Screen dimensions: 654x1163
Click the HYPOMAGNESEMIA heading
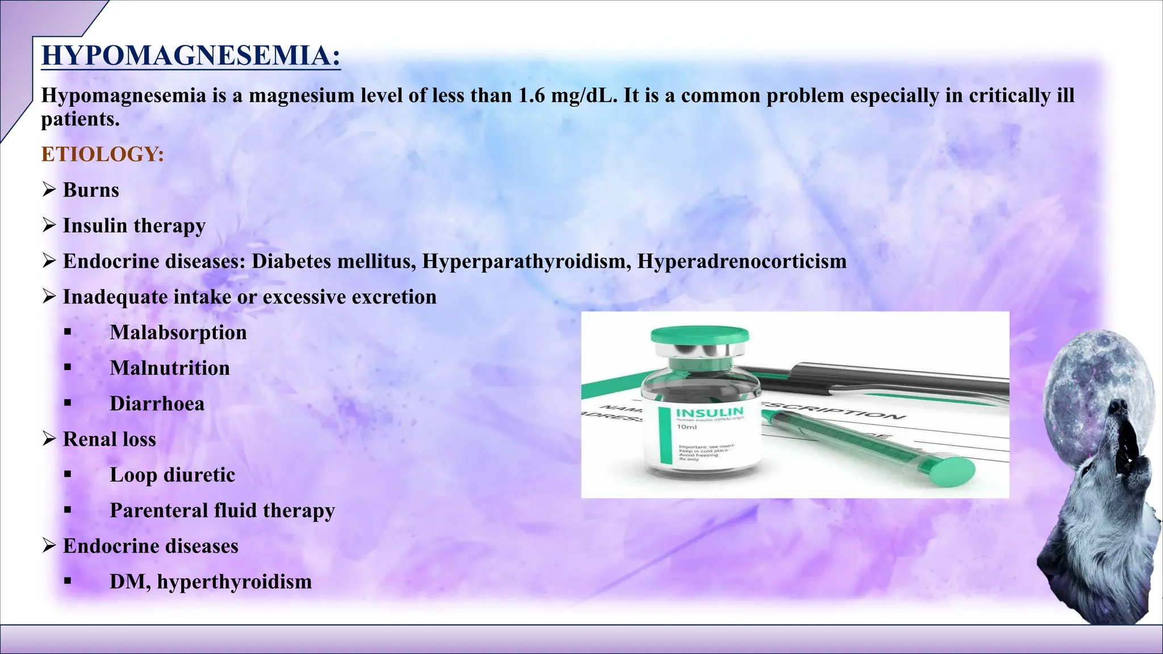pos(191,56)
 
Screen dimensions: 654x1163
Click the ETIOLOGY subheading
pos(103,154)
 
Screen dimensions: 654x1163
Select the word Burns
pos(91,190)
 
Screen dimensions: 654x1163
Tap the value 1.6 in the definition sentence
pos(531,95)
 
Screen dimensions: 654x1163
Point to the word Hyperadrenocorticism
pos(742,262)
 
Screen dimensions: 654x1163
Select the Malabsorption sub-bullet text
pos(178,333)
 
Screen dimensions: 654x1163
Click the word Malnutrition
pos(170,368)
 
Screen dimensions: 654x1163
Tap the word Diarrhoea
pos(157,404)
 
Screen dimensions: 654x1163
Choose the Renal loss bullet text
pos(109,439)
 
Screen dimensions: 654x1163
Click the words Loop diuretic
pos(172,475)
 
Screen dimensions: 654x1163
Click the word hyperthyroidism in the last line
pos(235,582)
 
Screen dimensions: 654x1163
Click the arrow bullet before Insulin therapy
pos(49,225)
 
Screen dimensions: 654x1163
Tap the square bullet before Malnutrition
pos(68,368)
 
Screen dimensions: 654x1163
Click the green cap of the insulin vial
pos(700,336)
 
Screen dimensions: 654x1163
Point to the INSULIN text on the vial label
pos(709,412)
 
